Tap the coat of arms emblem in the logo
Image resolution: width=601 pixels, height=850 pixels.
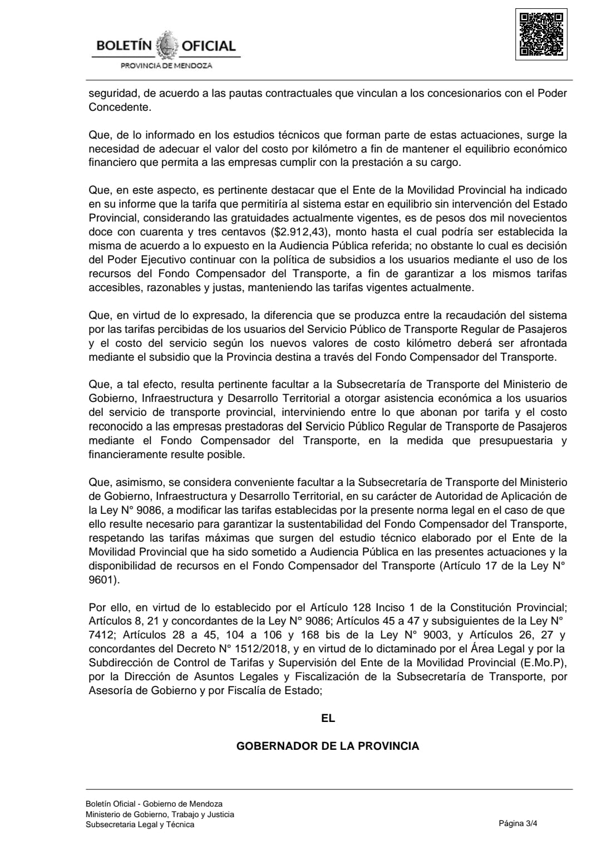click(166, 46)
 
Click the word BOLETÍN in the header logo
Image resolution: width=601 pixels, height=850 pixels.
click(124, 46)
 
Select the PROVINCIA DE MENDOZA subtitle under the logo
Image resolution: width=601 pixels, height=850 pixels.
click(166, 66)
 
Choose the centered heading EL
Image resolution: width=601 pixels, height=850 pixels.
click(328, 718)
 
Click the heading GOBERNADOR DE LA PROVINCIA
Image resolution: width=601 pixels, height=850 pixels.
click(328, 746)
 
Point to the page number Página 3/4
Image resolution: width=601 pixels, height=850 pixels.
click(519, 824)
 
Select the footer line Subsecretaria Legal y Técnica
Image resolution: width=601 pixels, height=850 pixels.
click(140, 824)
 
